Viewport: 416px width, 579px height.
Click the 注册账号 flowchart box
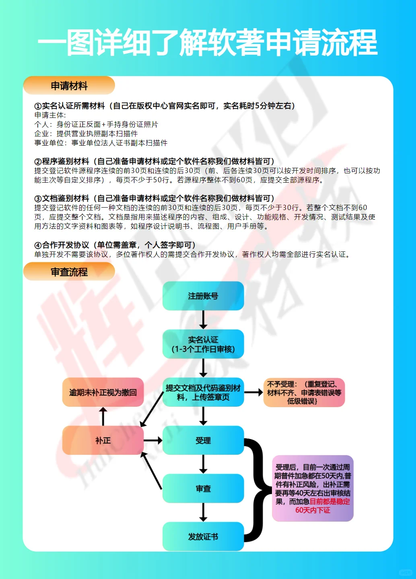pos(203,296)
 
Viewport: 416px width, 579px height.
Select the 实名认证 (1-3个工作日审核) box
pos(203,344)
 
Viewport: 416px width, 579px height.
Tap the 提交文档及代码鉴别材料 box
pos(203,392)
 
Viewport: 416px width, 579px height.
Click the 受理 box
pos(203,441)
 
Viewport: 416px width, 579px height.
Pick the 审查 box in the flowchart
pos(203,488)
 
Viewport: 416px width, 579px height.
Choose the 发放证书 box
pos(203,536)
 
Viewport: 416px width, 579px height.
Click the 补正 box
pos(103,441)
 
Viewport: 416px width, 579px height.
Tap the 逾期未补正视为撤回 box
pos(103,392)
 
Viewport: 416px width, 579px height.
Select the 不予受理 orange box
pos(304,392)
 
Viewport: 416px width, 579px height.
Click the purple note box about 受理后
pos(313,488)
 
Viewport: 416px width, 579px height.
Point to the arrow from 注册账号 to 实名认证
pos(203,320)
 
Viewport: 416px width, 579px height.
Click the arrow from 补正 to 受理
pos(153,441)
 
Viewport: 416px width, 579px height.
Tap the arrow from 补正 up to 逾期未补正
pos(103,416)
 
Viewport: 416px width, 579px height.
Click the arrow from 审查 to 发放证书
pos(203,512)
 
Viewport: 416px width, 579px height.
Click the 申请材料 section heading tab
pos(69,86)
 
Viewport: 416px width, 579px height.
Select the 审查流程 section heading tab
pos(69,272)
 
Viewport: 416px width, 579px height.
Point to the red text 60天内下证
pos(313,510)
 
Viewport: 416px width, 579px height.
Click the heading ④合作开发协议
pos(115,245)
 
